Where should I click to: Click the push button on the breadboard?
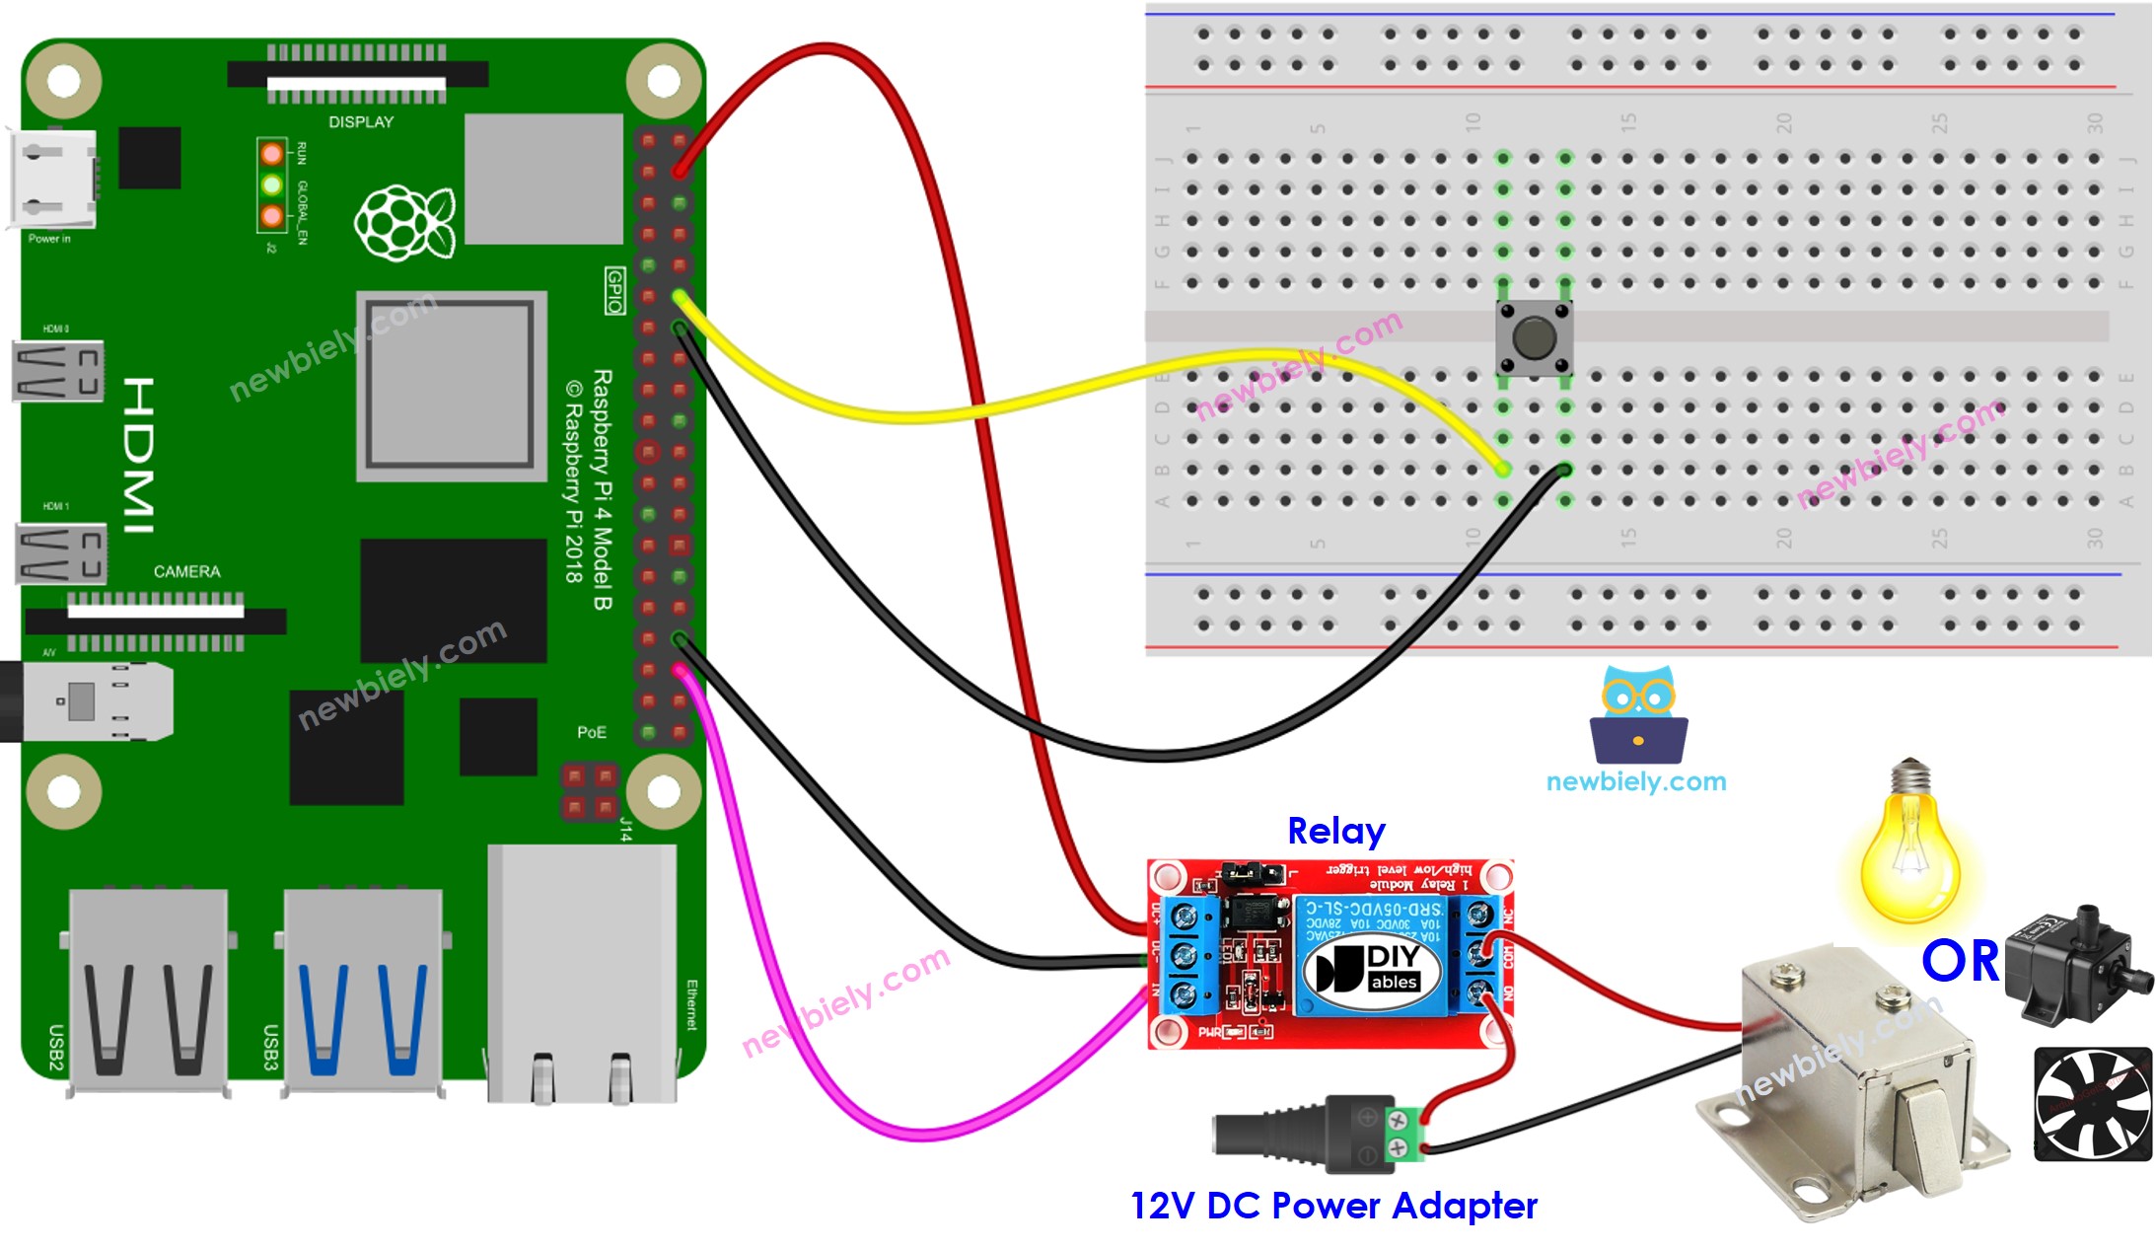(1533, 338)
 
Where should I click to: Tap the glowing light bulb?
(1909, 848)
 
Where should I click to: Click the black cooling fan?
(2093, 1103)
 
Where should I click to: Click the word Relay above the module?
(1335, 832)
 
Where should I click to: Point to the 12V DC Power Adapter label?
(1332, 1206)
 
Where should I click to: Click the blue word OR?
(1959, 961)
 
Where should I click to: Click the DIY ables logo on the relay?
(1372, 969)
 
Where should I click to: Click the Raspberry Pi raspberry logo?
(404, 223)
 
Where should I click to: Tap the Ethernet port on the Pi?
(582, 977)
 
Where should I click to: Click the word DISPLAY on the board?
(361, 122)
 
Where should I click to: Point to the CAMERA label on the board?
(186, 571)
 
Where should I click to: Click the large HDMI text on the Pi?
(139, 455)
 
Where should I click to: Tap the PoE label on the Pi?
(591, 732)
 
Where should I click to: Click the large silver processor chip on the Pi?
(451, 385)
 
